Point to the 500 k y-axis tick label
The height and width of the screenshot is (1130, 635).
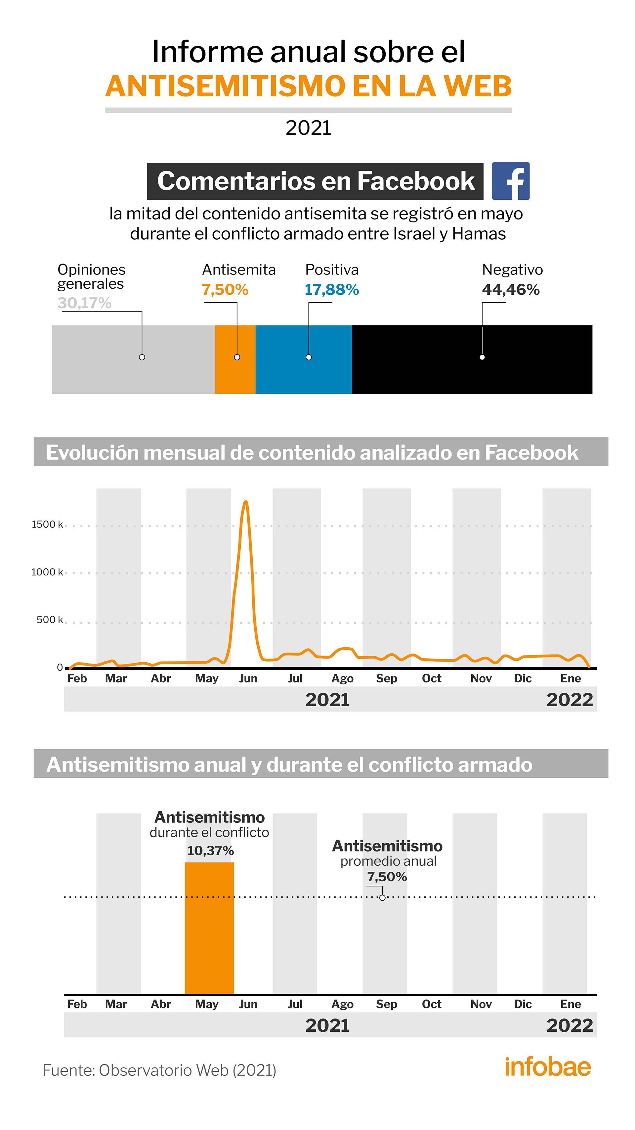click(x=50, y=619)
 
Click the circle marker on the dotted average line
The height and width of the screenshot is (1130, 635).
click(x=382, y=898)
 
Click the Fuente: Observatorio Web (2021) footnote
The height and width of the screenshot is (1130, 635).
click(x=159, y=1070)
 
